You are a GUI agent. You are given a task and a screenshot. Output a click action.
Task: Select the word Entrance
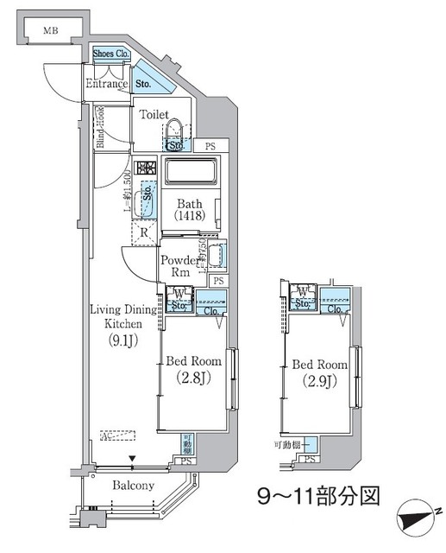[106, 84]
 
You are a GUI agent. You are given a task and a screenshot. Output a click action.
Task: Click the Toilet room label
[155, 114]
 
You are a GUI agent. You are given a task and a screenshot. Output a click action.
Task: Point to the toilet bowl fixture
[176, 130]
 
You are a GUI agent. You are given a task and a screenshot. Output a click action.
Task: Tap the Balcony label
[133, 486]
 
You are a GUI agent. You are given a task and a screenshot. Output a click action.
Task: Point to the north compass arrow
[418, 521]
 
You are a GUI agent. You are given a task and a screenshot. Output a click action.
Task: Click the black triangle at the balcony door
[132, 460]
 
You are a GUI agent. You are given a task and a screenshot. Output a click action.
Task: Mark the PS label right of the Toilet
[210, 146]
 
